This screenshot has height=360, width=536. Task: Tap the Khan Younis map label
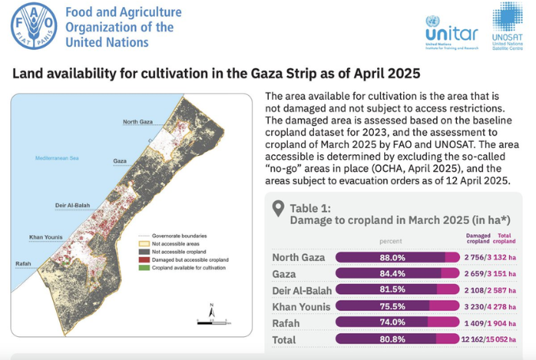coord(47,237)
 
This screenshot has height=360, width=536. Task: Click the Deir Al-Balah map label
coord(71,205)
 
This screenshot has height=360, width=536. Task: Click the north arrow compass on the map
coord(211,311)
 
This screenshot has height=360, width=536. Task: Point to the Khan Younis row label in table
coord(300,306)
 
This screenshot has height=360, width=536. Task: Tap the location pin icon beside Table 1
coord(277,209)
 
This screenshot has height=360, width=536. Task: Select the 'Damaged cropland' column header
coord(478,238)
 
